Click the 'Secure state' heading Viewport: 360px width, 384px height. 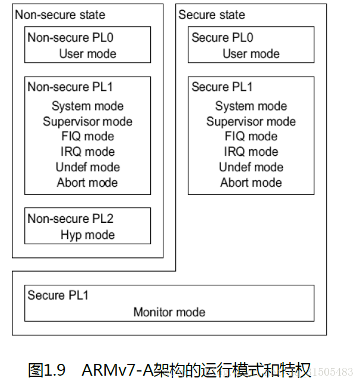211,15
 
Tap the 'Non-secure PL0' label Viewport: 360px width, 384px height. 70,37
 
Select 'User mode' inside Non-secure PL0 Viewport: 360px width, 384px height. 87,53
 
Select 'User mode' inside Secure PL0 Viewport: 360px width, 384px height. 251,53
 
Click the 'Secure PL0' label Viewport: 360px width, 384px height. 222,37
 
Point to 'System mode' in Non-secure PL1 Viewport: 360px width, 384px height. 87,106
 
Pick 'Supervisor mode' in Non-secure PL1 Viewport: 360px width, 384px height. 87,121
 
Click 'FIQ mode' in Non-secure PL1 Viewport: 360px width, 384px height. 87,137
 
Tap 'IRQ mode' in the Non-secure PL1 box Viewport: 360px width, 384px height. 87,152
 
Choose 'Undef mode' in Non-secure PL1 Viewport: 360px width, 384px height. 87,167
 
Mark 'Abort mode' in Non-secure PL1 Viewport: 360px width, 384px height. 87,182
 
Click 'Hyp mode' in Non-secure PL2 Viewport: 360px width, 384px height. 87,235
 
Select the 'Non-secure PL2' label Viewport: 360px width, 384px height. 70,219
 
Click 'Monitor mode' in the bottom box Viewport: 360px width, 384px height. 169,312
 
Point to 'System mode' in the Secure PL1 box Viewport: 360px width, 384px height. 251,106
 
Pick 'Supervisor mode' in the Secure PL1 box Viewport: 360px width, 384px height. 251,121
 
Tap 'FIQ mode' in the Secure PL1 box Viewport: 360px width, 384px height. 251,137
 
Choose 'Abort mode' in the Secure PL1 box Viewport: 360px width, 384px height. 251,182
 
